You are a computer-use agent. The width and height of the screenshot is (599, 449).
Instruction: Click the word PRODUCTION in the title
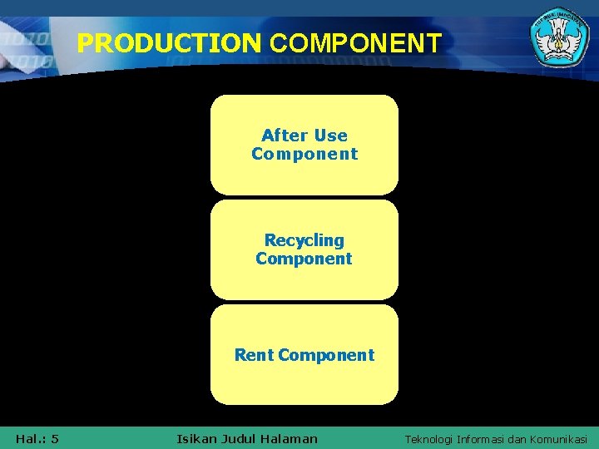[x=169, y=43]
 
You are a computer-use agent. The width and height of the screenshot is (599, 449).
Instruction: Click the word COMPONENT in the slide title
[x=356, y=43]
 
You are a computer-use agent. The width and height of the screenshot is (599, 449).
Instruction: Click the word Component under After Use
[x=304, y=154]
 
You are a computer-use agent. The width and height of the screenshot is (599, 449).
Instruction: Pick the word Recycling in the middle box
[x=304, y=240]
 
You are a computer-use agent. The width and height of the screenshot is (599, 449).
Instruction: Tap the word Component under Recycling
[x=304, y=259]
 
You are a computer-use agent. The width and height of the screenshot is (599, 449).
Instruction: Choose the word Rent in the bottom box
[x=255, y=355]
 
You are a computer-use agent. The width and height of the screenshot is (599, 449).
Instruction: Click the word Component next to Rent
[x=326, y=355]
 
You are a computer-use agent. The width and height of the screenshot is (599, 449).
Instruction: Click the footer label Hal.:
[x=30, y=438]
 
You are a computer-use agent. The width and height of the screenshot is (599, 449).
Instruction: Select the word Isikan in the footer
[x=196, y=438]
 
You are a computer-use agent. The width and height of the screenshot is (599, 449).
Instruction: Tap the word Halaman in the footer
[x=290, y=438]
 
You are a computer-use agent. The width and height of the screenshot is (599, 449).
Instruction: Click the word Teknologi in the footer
[x=428, y=439]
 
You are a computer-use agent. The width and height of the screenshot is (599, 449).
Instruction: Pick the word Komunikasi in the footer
[x=560, y=439]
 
